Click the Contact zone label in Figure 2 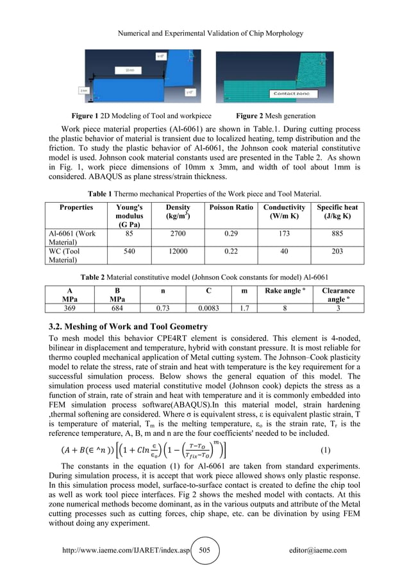[292, 93]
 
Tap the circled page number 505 [204, 550]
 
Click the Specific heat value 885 [337, 234]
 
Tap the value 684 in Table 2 [117, 308]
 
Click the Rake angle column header [284, 291]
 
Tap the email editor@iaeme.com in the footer [318, 550]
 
